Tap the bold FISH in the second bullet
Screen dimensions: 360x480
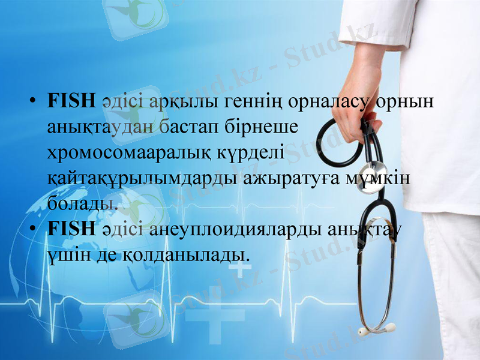point(71,229)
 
